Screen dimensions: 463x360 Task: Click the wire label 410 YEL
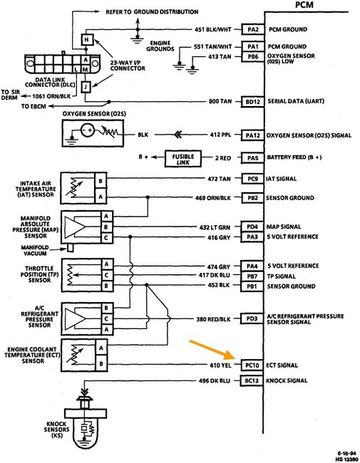pos(217,364)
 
